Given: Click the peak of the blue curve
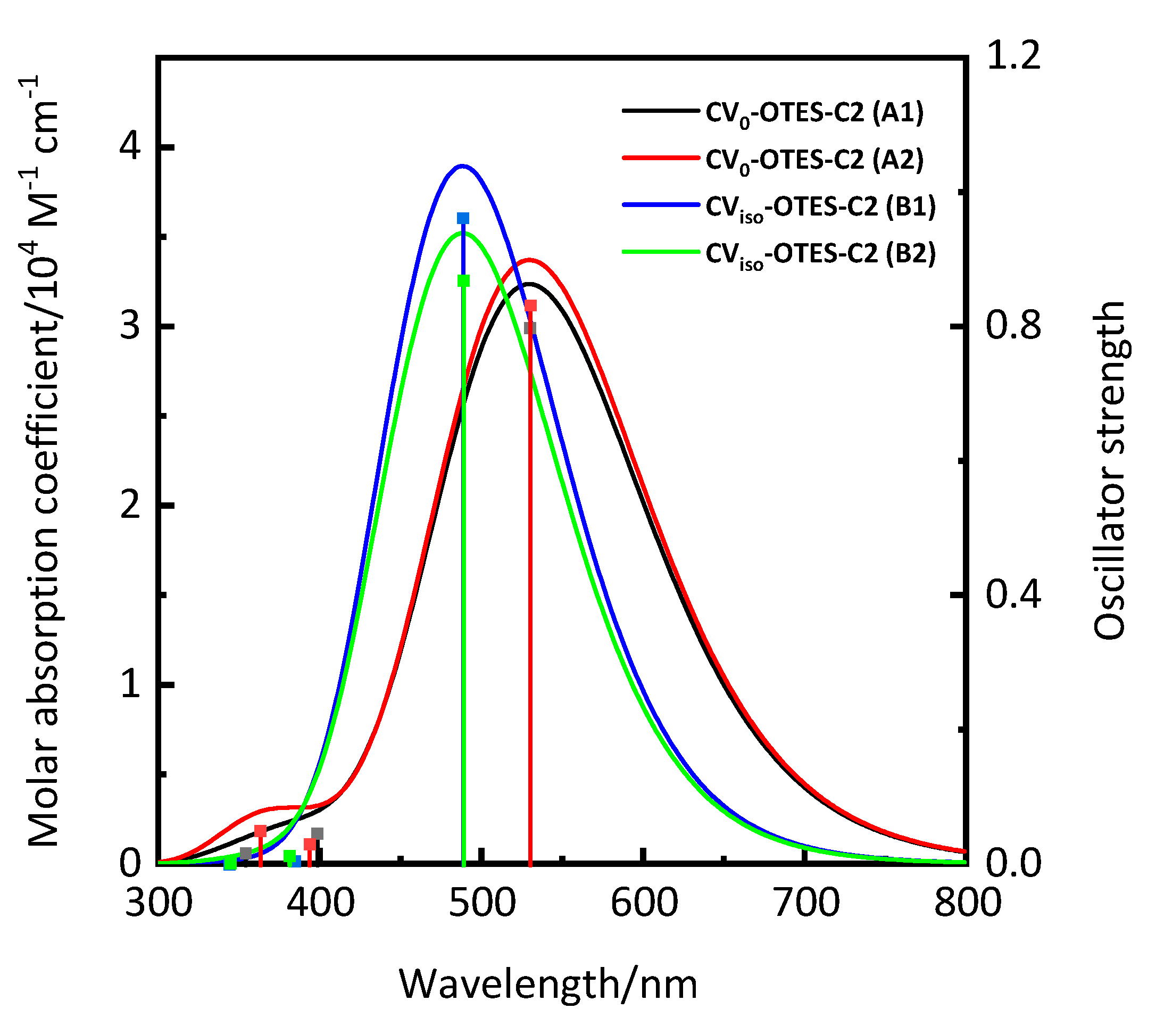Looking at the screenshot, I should click(x=463, y=166).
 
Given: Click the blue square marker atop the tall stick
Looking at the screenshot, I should click(x=463, y=218).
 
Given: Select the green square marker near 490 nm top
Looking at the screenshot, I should click(x=464, y=280).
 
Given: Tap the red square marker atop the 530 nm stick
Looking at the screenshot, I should click(x=530, y=306).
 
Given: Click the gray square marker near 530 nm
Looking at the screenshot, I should click(x=529, y=328).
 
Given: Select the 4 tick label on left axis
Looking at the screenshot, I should click(x=131, y=147).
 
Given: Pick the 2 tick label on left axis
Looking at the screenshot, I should click(x=131, y=505).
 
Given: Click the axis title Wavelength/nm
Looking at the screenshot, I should click(x=548, y=984).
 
